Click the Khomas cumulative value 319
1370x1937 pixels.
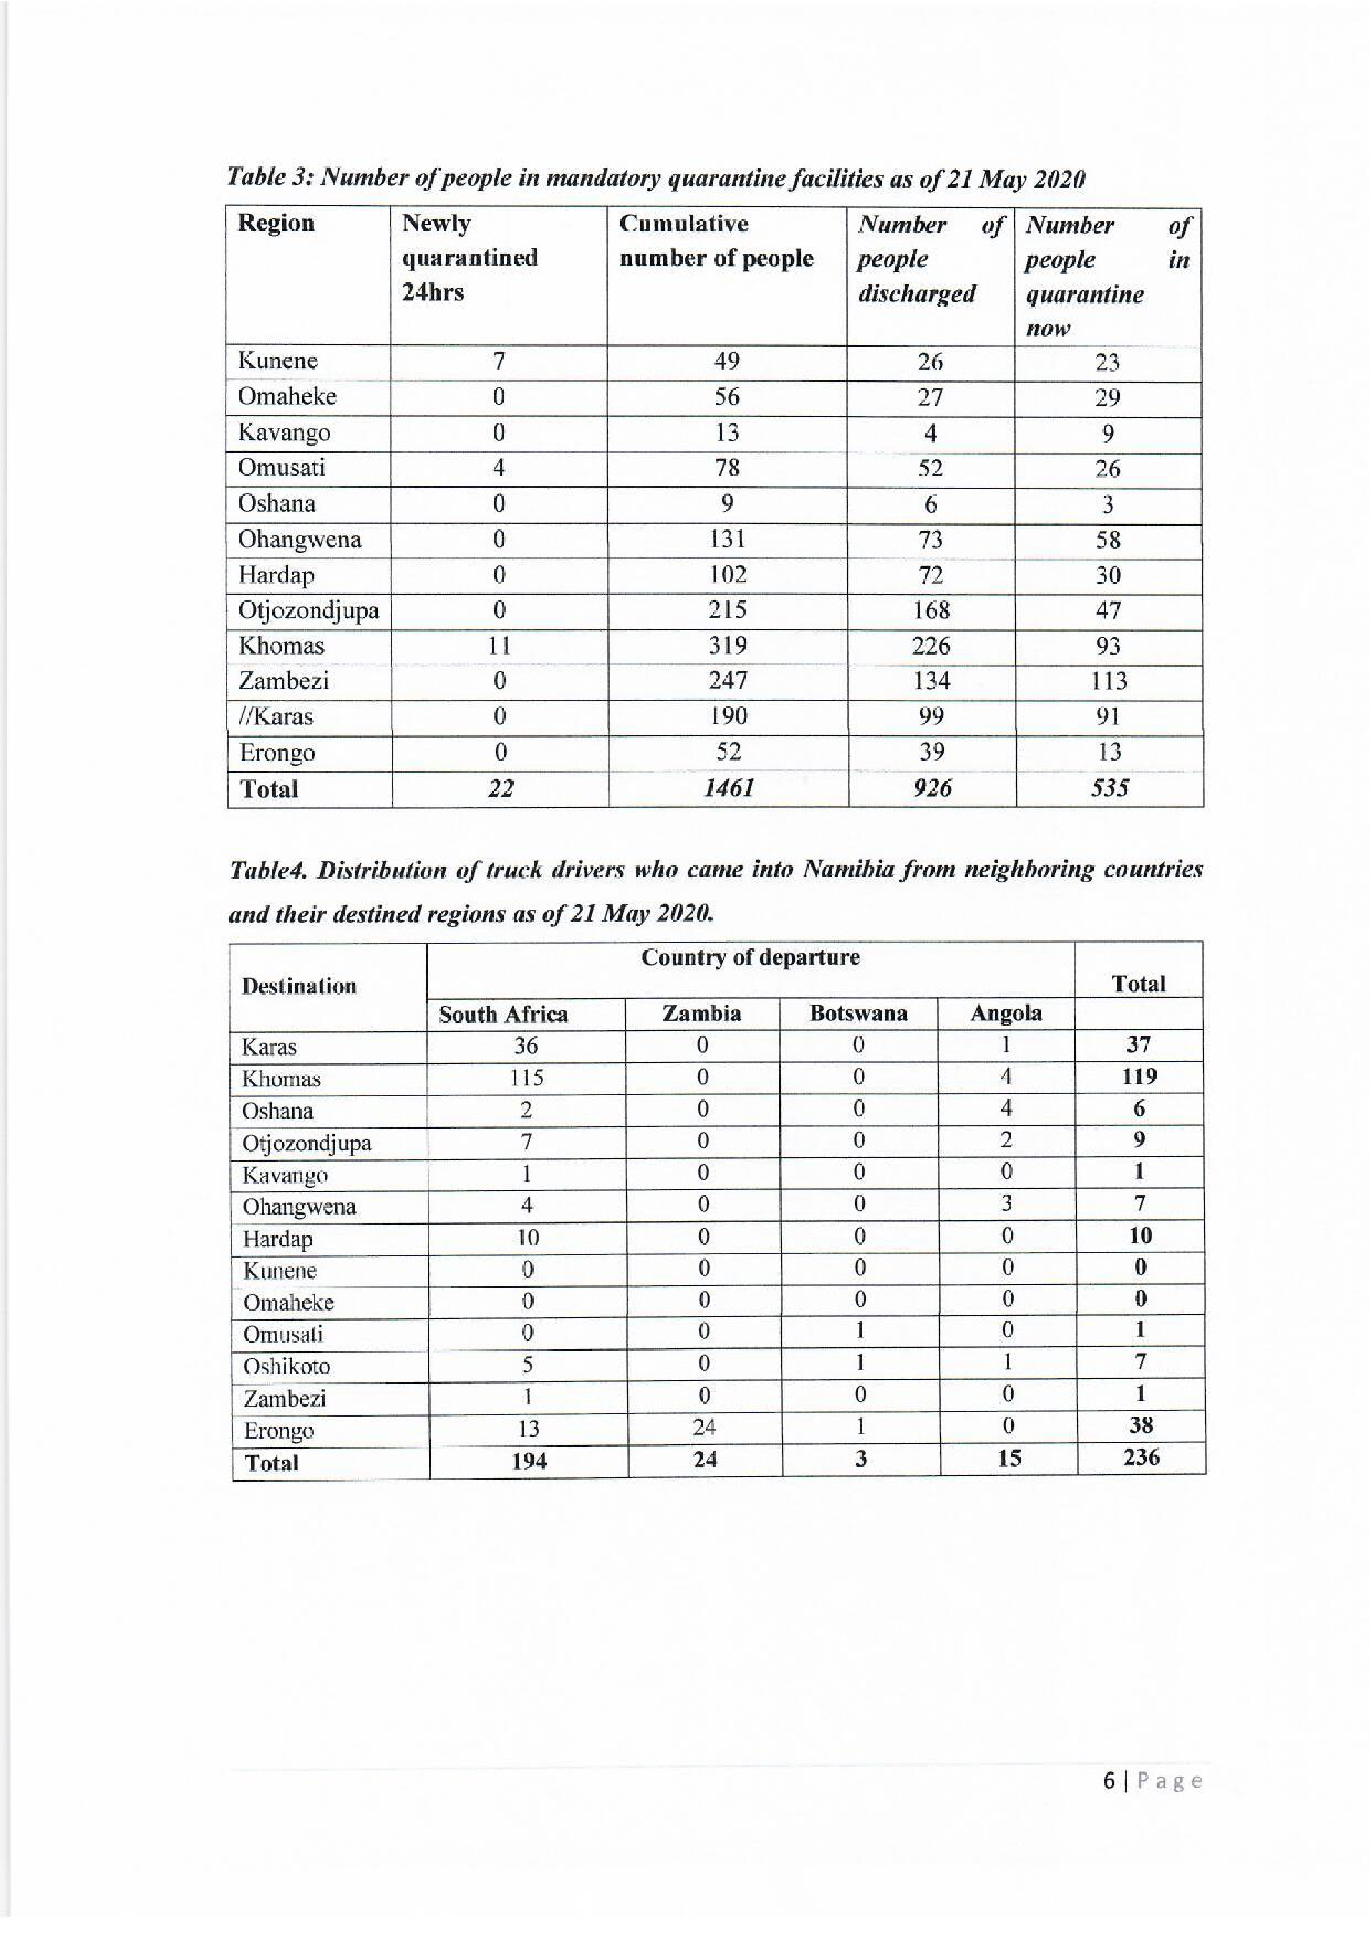click(x=726, y=645)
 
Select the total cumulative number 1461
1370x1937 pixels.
click(x=727, y=788)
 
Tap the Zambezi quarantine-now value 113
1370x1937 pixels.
click(x=1108, y=681)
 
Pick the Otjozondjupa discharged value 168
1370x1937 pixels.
click(x=931, y=610)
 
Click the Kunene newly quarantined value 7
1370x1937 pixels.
click(x=498, y=361)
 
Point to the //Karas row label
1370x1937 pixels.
click(x=275, y=716)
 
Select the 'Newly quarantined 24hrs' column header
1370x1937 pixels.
click(x=470, y=257)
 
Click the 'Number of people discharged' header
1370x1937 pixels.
click(x=930, y=259)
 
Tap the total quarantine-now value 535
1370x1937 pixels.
click(x=1108, y=788)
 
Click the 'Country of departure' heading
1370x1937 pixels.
click(x=750, y=958)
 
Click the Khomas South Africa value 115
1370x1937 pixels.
click(x=526, y=1078)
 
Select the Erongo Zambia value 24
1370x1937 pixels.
click(x=704, y=1427)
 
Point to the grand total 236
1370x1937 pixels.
click(x=1141, y=1457)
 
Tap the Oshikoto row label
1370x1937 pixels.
click(x=286, y=1366)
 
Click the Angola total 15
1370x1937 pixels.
click(x=1009, y=1458)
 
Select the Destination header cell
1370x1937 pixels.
click(x=299, y=986)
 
